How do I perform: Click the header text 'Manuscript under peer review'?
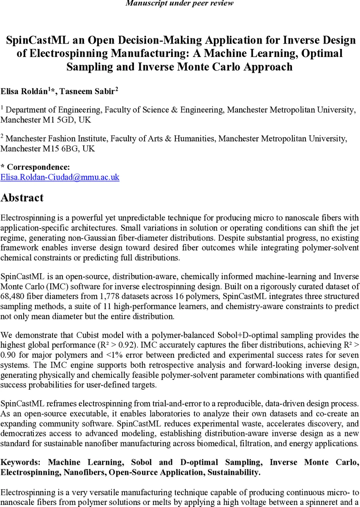pos(180,3)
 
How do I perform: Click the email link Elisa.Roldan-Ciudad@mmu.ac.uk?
pos(60,177)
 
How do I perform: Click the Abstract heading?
pos(22,198)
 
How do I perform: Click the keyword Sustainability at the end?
pos(233,472)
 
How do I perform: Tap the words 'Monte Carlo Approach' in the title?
pos(241,67)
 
